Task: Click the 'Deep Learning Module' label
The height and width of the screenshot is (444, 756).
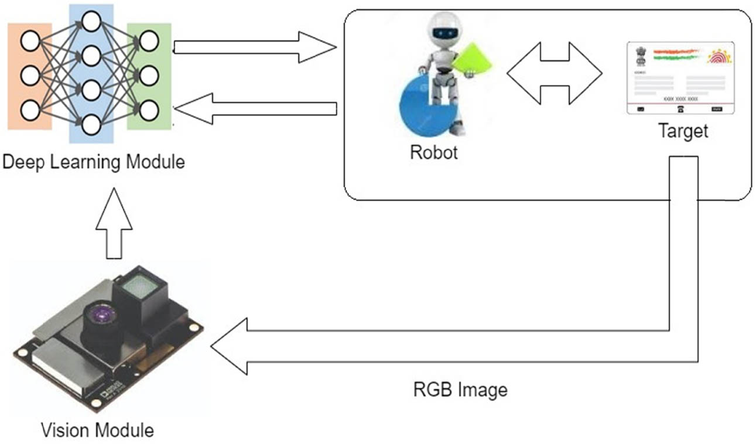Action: point(94,161)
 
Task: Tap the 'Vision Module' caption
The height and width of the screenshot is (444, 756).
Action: point(98,431)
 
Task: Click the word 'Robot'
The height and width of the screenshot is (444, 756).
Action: point(434,152)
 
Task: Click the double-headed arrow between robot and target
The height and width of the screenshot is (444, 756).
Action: point(554,74)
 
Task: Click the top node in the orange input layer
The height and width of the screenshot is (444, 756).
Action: point(30,41)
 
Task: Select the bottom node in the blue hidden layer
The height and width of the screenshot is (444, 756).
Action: point(91,124)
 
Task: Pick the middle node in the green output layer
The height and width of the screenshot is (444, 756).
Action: point(149,75)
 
